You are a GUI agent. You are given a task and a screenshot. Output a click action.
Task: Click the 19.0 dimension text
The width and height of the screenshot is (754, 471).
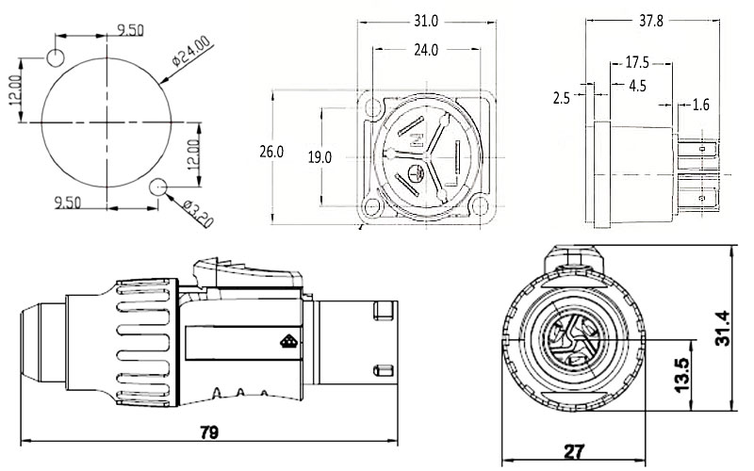320,156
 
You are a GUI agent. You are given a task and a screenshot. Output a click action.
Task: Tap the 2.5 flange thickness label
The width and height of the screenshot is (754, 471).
564,97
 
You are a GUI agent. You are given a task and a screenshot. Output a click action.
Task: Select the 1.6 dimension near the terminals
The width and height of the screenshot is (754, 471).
700,104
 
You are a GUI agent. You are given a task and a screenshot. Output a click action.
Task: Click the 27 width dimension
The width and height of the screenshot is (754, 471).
572,450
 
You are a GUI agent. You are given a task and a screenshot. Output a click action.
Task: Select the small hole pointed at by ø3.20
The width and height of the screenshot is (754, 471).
159,187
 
